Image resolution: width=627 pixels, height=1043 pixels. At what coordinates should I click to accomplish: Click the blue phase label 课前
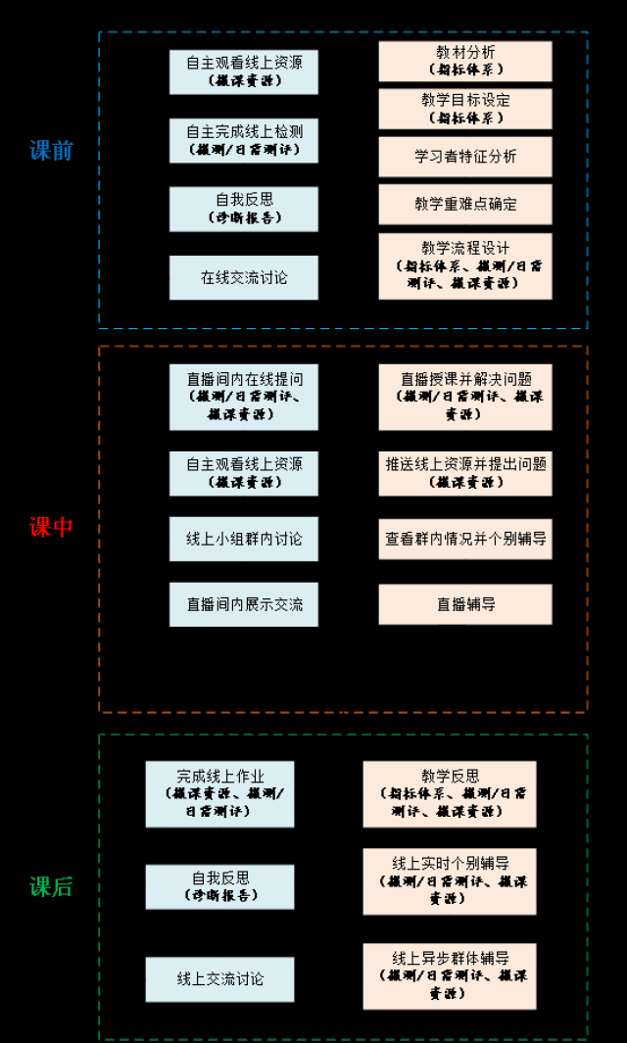click(51, 151)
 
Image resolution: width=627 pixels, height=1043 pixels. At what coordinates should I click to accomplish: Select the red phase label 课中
click(51, 528)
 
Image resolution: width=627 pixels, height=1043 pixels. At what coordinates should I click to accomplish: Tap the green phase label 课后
click(51, 887)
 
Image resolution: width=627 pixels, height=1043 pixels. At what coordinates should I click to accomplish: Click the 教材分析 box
click(465, 61)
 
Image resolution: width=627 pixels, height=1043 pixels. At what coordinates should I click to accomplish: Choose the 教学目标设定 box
click(465, 109)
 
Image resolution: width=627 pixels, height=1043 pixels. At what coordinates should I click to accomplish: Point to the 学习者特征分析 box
click(465, 157)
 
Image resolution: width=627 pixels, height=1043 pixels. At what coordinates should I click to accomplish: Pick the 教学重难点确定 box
click(465, 205)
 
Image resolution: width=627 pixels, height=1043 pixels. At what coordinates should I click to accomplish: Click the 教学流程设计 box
click(465, 265)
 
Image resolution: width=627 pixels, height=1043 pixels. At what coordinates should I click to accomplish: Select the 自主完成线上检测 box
click(244, 140)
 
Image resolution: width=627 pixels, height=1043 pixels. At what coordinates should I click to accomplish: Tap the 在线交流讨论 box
click(244, 278)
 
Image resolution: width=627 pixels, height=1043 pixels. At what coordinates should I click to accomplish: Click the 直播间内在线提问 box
click(244, 397)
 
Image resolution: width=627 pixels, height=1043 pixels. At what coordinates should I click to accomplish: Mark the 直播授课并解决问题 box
click(465, 397)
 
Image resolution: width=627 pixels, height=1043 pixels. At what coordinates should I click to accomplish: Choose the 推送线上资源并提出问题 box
click(465, 473)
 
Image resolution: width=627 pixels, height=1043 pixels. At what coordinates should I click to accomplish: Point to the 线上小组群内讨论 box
click(244, 539)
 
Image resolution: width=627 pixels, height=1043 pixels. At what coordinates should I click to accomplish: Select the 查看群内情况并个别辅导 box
click(465, 539)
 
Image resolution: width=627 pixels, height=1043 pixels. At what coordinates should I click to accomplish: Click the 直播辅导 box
click(465, 604)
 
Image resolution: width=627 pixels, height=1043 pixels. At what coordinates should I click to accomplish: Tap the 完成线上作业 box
click(220, 794)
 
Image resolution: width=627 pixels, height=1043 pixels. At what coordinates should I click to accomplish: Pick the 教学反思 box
click(450, 794)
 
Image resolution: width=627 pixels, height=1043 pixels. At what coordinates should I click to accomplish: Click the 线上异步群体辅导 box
click(450, 975)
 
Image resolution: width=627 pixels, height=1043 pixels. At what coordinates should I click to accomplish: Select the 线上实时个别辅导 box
click(450, 881)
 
